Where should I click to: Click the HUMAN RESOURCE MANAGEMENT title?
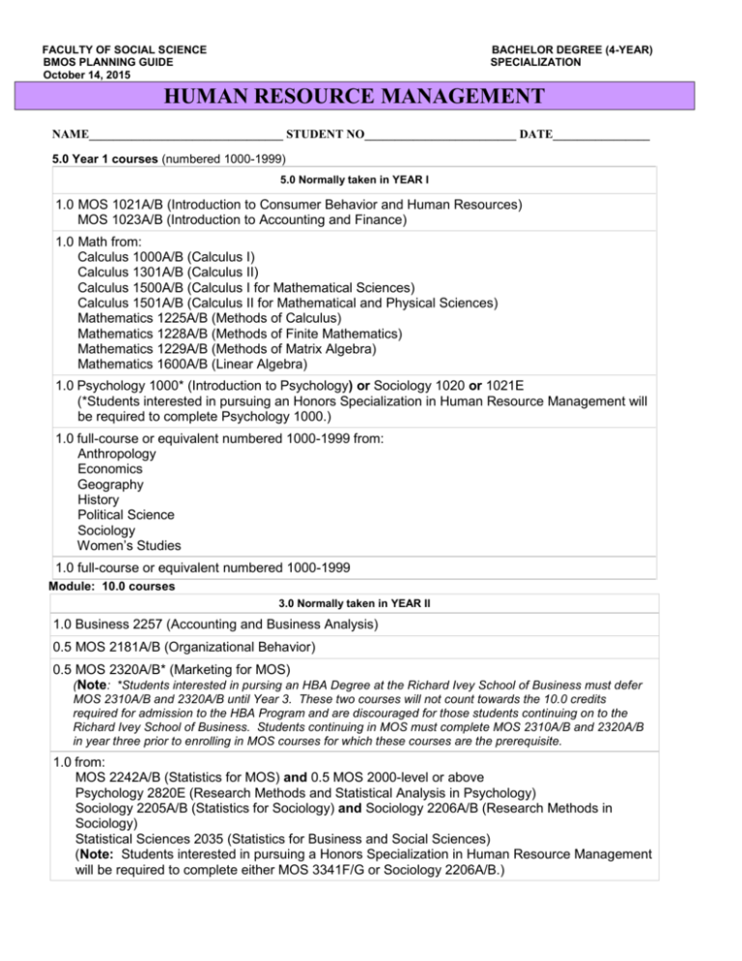point(370,97)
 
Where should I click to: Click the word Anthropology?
point(119,453)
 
